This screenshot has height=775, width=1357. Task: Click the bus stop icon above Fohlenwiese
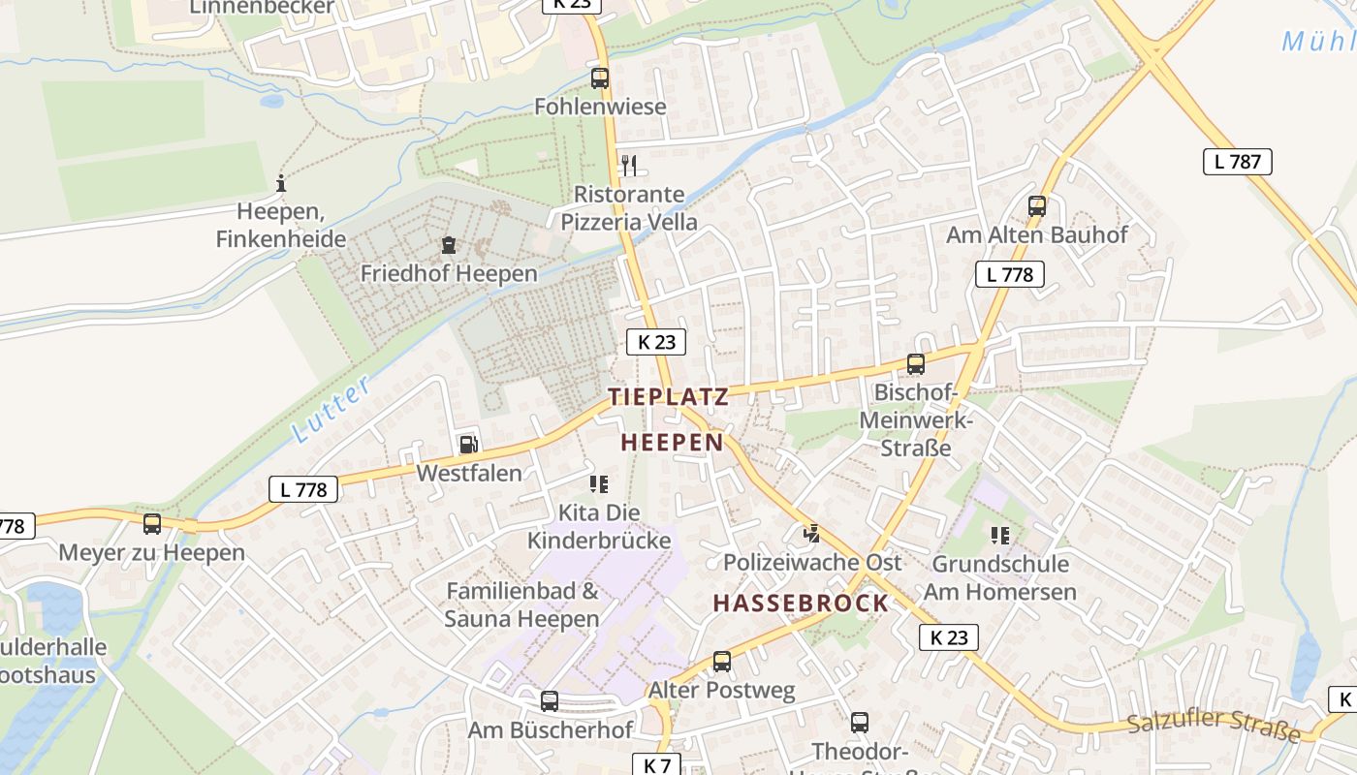pos(600,78)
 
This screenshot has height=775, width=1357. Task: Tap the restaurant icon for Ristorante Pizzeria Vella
pos(629,165)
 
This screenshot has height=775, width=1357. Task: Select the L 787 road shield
pos(1237,162)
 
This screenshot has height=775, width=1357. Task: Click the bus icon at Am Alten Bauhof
pos(1037,206)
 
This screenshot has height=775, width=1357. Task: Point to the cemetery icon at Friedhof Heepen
pos(449,246)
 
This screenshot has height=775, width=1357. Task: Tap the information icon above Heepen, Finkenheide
pos(281,182)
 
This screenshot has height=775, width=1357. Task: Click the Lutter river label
pos(331,410)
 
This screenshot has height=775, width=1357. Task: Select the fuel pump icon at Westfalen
pos(468,444)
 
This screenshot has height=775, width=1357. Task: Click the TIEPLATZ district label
pos(668,395)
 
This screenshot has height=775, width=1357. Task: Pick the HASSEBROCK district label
pos(801,603)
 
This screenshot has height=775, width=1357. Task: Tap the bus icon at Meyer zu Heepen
pos(152,524)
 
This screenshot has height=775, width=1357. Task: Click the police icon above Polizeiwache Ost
pos(812,533)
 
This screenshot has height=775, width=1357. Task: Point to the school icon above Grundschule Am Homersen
pos(1000,535)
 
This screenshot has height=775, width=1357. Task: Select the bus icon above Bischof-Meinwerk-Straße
pos(916,364)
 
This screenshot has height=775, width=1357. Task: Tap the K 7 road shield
pos(657,764)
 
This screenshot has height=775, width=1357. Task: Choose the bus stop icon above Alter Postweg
pos(722,662)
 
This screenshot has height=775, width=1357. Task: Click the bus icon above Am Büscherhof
pos(550,700)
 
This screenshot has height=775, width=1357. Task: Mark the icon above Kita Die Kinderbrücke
pos(598,483)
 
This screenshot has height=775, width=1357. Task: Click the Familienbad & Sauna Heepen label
pos(522,604)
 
